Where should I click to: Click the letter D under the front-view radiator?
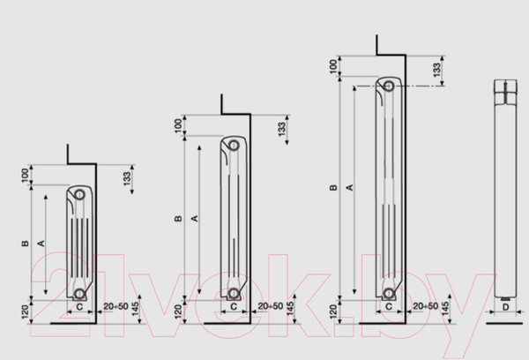point(505,307)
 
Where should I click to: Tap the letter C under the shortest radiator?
point(79,307)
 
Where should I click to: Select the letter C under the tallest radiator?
point(389,306)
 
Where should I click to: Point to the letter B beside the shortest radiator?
point(26,244)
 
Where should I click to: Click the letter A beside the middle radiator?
point(195,219)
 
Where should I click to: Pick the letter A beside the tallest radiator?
point(350,187)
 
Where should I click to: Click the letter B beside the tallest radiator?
point(333,187)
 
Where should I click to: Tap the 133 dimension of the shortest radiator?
point(127,178)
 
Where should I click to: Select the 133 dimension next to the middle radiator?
point(282,129)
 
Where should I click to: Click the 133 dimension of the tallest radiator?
point(437,70)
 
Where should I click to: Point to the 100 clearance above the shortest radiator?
point(26,176)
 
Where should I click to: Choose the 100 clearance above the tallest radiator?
point(333,66)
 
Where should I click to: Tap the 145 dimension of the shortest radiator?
point(135,309)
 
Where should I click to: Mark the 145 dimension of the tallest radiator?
point(444,309)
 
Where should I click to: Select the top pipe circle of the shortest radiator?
point(79,194)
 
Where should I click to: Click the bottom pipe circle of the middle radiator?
point(233,294)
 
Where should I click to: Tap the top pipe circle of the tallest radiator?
point(389,86)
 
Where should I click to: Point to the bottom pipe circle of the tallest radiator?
point(389,294)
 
